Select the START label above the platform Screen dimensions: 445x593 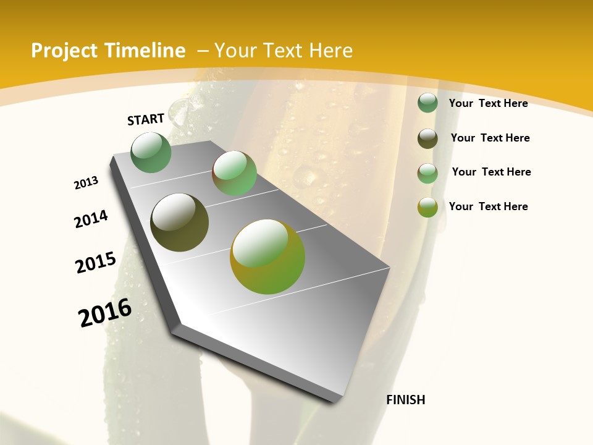pyautogui.click(x=146, y=119)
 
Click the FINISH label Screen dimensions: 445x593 pyautogui.click(x=406, y=400)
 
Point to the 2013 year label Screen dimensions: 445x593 pyautogui.click(x=86, y=182)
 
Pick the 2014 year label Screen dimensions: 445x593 pyautogui.click(x=91, y=219)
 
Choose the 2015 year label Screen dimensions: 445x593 pyautogui.click(x=96, y=263)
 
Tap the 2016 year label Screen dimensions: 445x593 pyautogui.click(x=105, y=312)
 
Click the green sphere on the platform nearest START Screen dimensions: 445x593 pyautogui.click(x=151, y=152)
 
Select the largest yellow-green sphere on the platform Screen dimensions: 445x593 pyautogui.click(x=267, y=256)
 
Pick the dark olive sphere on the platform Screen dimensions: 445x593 pyautogui.click(x=180, y=222)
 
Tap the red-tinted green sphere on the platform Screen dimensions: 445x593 pyautogui.click(x=235, y=173)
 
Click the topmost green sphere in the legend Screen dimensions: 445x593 pyautogui.click(x=427, y=103)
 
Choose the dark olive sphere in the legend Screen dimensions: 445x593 pyautogui.click(x=427, y=138)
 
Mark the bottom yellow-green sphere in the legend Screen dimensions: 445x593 pyautogui.click(x=427, y=207)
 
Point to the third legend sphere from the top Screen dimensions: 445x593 pyautogui.click(x=427, y=173)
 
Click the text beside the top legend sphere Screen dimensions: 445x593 pyautogui.click(x=488, y=103)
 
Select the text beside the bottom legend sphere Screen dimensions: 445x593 pyautogui.click(x=488, y=206)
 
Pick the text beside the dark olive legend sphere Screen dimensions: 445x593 pyautogui.click(x=490, y=138)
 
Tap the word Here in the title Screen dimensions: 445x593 pyautogui.click(x=331, y=51)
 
